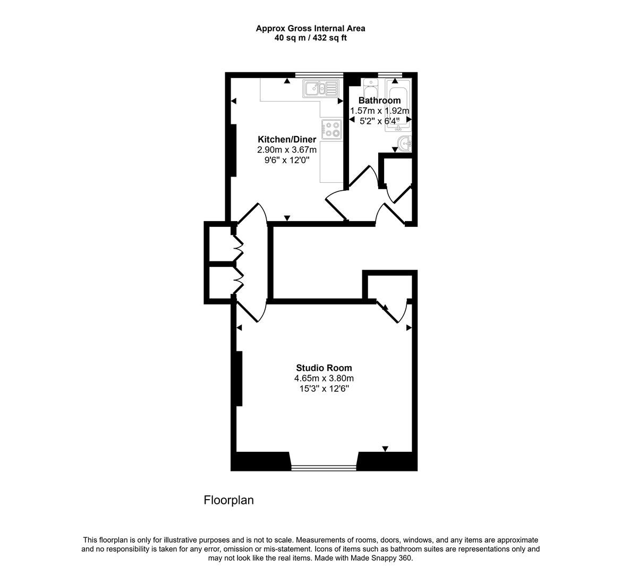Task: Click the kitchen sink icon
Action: point(321,89)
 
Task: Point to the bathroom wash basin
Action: point(404,143)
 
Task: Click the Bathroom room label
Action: point(379,100)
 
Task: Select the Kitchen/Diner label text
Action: point(287,139)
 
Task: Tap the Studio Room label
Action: point(324,368)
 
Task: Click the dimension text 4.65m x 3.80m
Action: point(324,378)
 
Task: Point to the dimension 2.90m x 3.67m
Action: point(287,150)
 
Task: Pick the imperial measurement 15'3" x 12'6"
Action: point(324,389)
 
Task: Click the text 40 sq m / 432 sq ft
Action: point(310,38)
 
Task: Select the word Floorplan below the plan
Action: point(228,500)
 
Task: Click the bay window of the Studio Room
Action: point(324,468)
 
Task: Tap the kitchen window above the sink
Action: point(319,74)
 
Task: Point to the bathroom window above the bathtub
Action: point(390,74)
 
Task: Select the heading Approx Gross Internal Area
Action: point(310,29)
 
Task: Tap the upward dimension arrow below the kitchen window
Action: point(287,81)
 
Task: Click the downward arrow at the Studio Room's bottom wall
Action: point(385,449)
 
